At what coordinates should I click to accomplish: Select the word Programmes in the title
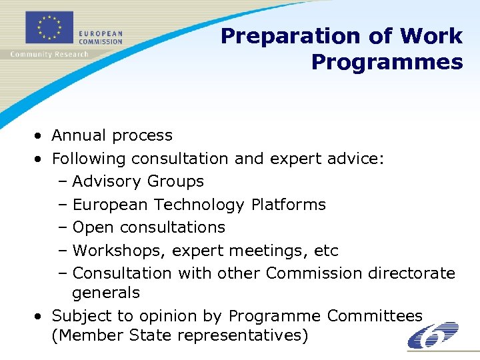coord(387,62)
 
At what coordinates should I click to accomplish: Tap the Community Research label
coord(49,54)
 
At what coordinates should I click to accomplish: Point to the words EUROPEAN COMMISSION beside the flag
coord(101,37)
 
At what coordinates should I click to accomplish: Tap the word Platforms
coord(289,205)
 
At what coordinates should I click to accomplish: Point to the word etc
coord(326,251)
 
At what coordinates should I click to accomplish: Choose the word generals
coord(106,293)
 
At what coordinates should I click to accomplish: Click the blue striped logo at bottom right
coord(433,335)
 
